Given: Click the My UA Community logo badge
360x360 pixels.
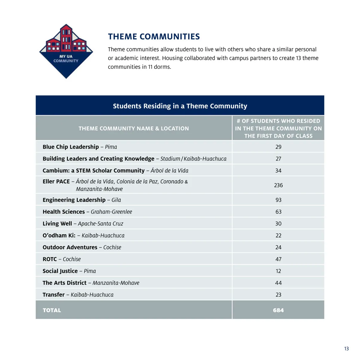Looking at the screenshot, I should pos(66,51).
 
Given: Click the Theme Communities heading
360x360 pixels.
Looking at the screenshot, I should pos(154,37).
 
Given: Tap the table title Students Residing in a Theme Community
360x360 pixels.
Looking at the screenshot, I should pos(180,106).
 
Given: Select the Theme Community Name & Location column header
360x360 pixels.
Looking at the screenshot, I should pos(134,128).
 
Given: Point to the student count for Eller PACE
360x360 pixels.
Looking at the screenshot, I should pos(278,185).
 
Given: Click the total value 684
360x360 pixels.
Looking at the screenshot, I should pos(278,310).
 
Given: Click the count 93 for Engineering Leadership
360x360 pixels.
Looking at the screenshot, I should pos(278,200).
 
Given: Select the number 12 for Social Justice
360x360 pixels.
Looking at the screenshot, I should pos(278,271).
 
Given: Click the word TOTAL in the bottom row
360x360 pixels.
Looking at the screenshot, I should pos(52,310).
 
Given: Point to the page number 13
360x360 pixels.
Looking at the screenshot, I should pos(346,349).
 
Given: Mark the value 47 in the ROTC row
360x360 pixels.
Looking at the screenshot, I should pos(278,259).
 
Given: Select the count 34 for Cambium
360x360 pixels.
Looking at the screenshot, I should pos(278,170).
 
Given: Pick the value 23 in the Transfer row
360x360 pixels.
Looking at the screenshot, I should pos(278,295).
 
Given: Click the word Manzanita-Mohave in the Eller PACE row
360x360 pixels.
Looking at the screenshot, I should pos(99,189).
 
